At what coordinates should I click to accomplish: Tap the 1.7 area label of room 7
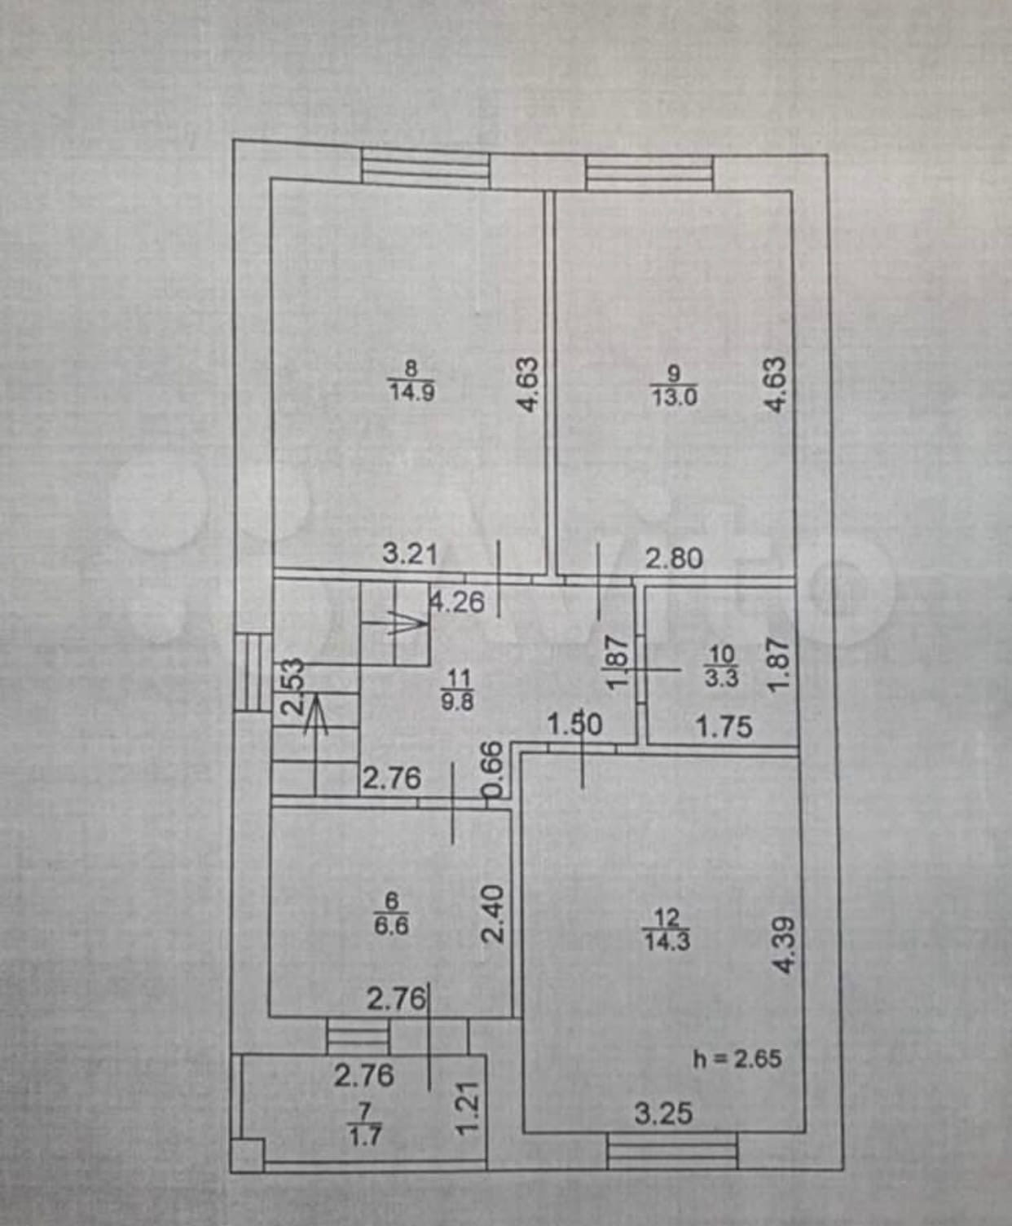point(364,1134)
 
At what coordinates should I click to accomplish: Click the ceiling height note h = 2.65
point(737,1059)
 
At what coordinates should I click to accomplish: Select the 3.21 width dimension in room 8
point(410,555)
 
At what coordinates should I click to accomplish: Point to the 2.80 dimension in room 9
point(673,558)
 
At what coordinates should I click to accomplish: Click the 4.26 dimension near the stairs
point(458,602)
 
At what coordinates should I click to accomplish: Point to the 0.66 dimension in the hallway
point(491,770)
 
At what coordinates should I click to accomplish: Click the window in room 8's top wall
point(425,168)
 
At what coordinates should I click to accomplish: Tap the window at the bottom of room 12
point(672,1153)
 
